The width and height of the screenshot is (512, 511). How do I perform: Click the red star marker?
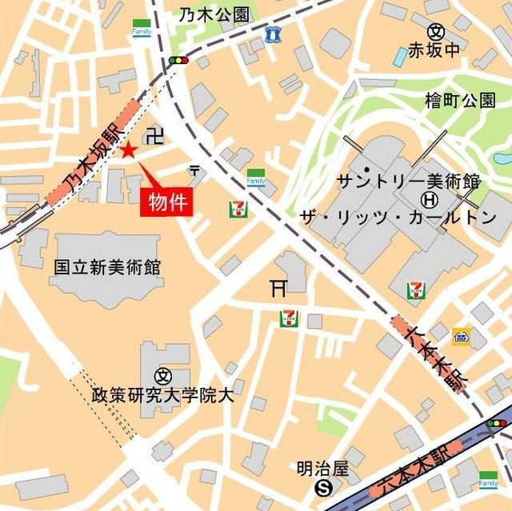point(128,150)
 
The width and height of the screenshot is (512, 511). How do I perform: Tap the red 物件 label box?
point(168,202)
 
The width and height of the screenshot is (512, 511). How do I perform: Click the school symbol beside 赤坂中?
point(436,32)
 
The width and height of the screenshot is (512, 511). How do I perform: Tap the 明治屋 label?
point(322,466)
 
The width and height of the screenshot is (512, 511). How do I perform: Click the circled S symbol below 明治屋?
point(323,486)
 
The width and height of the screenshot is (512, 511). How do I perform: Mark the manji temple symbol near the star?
point(157,134)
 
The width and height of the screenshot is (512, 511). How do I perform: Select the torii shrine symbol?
point(278,288)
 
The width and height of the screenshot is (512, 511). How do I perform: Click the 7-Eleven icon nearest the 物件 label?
point(238,209)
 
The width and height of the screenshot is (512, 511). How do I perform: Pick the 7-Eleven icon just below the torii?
point(289,318)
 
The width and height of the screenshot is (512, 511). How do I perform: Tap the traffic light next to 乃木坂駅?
point(179,60)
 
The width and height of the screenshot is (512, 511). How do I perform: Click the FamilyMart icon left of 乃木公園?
point(142,29)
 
